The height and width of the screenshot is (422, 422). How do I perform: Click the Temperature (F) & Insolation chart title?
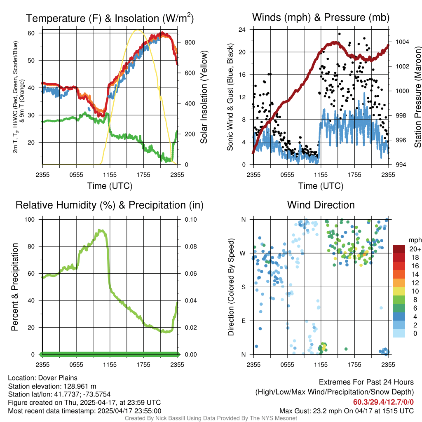pos(110,18)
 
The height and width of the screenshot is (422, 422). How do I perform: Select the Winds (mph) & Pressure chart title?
pos(321,17)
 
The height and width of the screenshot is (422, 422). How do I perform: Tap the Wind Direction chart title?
pos(321,205)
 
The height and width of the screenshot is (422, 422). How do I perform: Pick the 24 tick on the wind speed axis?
pos(242,30)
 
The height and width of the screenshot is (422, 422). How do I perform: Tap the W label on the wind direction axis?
pos(244,253)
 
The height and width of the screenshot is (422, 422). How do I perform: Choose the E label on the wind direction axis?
pos(244,321)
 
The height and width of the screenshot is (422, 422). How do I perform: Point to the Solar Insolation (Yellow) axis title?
pos(204,97)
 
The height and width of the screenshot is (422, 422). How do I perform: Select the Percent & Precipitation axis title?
pos(14,287)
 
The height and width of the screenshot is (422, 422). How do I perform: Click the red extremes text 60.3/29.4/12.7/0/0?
pos(383,402)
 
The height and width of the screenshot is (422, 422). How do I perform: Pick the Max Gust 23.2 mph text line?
pos(346,411)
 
